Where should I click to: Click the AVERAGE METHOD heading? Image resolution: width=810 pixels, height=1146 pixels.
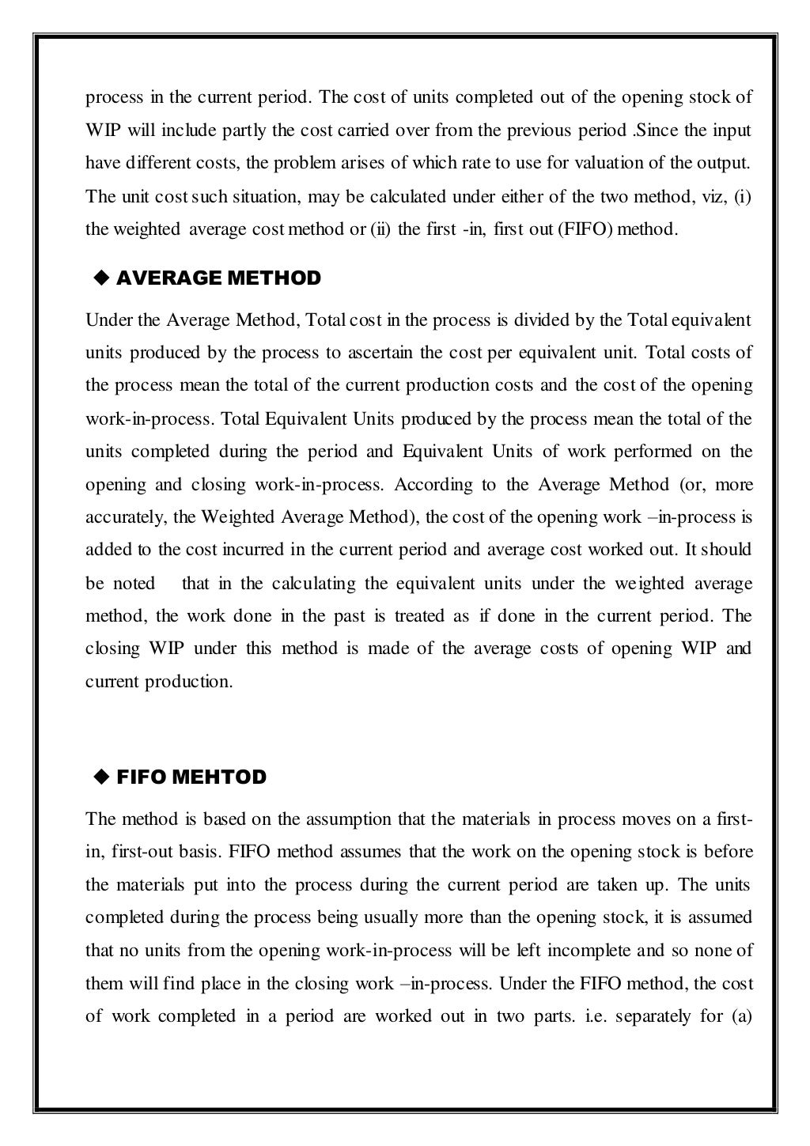[x=218, y=278]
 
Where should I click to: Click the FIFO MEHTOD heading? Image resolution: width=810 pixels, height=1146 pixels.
[x=191, y=777]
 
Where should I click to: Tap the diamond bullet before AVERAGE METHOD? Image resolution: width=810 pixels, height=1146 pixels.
[x=100, y=278]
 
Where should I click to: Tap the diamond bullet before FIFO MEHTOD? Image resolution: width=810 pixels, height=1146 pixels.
[x=100, y=777]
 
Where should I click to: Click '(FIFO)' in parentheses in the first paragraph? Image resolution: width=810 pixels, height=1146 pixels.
[x=585, y=229]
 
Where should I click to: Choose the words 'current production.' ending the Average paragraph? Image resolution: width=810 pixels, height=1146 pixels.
[x=159, y=682]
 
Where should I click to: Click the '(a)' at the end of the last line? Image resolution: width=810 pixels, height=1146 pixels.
[x=740, y=1016]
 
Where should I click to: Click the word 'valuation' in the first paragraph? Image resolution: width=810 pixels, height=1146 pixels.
[x=611, y=164]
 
